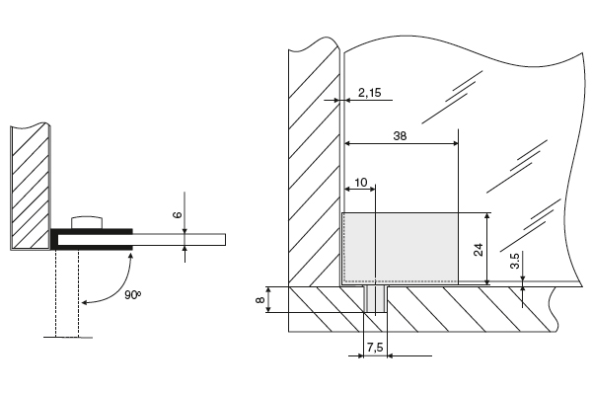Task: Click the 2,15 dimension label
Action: (370, 93)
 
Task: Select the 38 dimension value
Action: (400, 135)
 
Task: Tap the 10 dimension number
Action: (361, 183)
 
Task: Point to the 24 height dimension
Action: (478, 250)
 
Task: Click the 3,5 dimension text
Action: (515, 261)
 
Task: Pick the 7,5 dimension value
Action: (375, 348)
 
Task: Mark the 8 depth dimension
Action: (259, 300)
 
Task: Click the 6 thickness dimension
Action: (177, 215)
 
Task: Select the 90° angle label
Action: (132, 294)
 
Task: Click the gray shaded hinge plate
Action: (401, 248)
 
